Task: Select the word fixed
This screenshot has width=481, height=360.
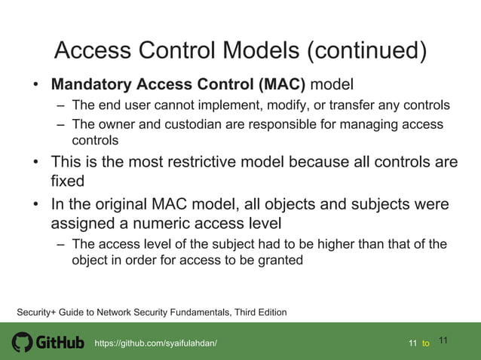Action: [x=66, y=182]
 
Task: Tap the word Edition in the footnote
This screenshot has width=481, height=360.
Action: [x=269, y=312]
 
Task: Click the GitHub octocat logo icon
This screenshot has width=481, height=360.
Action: [x=23, y=343]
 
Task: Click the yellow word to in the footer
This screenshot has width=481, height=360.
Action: [x=426, y=343]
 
